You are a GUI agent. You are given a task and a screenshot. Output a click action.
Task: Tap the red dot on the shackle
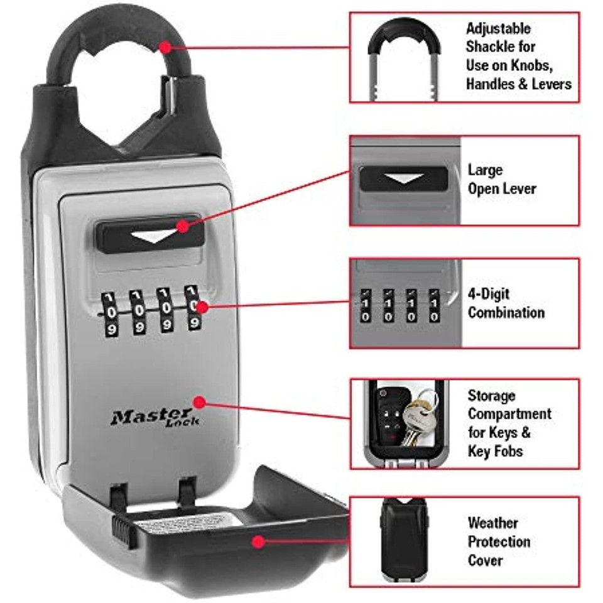165,46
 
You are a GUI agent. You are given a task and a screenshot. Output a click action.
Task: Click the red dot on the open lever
183,225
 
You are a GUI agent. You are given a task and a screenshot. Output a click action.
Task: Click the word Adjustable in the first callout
498,29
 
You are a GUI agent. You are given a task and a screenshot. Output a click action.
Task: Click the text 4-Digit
489,294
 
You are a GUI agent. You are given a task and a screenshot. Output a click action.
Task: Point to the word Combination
506,312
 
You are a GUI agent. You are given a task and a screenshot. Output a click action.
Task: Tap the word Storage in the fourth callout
491,396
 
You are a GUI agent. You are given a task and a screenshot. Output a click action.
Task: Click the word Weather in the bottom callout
492,523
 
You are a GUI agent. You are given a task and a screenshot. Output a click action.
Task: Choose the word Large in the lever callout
485,170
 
